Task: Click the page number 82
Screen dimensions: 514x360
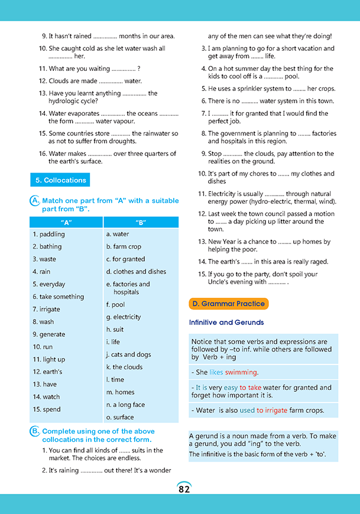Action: click(184, 489)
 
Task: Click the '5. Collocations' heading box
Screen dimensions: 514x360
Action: click(60, 180)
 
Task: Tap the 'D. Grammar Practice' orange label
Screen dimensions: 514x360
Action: click(228, 304)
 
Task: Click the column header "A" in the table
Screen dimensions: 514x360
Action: click(66, 222)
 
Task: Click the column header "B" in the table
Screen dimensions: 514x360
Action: click(140, 222)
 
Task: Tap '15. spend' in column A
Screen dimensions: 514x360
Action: click(47, 409)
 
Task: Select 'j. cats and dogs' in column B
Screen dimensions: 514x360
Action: click(128, 354)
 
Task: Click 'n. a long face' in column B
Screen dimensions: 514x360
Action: click(125, 405)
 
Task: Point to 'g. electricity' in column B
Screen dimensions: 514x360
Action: click(123, 317)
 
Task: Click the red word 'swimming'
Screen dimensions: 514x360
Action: click(241, 372)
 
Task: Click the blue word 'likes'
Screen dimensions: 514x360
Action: click(216, 372)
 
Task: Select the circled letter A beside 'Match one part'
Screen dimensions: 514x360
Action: click(34, 201)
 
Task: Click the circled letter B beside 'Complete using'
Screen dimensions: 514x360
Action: click(34, 432)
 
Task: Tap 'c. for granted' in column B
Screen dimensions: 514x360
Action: click(125, 259)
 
